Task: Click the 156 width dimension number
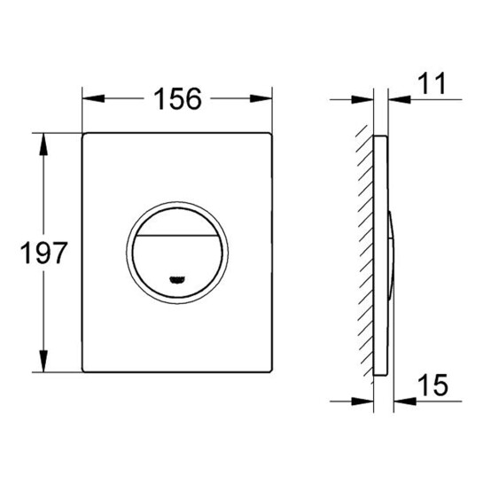[178, 98]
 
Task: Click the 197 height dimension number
[43, 253]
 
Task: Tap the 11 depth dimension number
[432, 82]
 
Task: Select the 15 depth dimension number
[432, 385]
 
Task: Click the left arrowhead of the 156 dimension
[94, 98]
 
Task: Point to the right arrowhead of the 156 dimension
[261, 98]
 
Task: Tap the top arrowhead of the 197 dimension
[43, 144]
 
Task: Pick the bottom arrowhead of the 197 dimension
[43, 361]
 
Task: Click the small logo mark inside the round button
[177, 280]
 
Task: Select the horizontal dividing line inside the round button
[177, 236]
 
